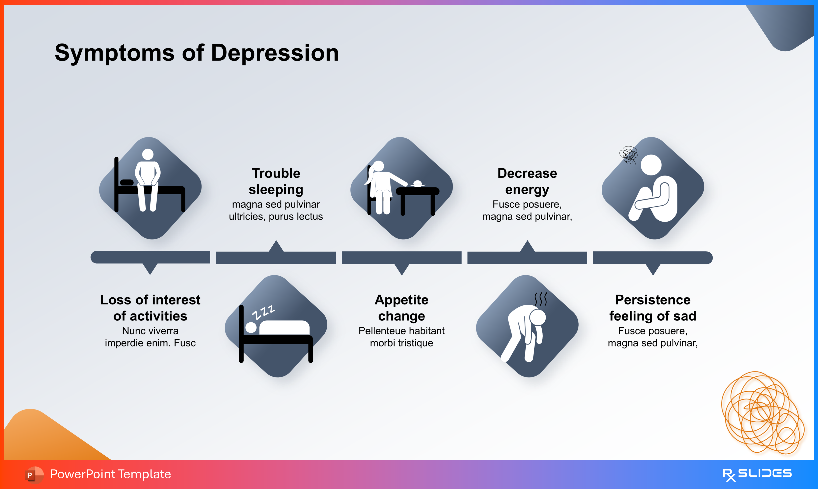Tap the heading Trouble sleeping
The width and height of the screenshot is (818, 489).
coord(276,181)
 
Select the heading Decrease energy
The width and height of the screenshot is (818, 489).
coord(527,181)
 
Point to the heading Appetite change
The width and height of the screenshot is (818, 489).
coord(401,308)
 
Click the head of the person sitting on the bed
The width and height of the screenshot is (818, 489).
coord(147,154)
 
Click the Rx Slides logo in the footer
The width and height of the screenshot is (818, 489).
coord(757,474)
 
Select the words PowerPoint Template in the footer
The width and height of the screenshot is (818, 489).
coord(110,474)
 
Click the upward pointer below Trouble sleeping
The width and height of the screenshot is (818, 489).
coord(276,247)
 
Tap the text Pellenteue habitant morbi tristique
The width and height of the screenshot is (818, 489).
coord(401,337)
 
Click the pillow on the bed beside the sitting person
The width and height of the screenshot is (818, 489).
coord(127,183)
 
